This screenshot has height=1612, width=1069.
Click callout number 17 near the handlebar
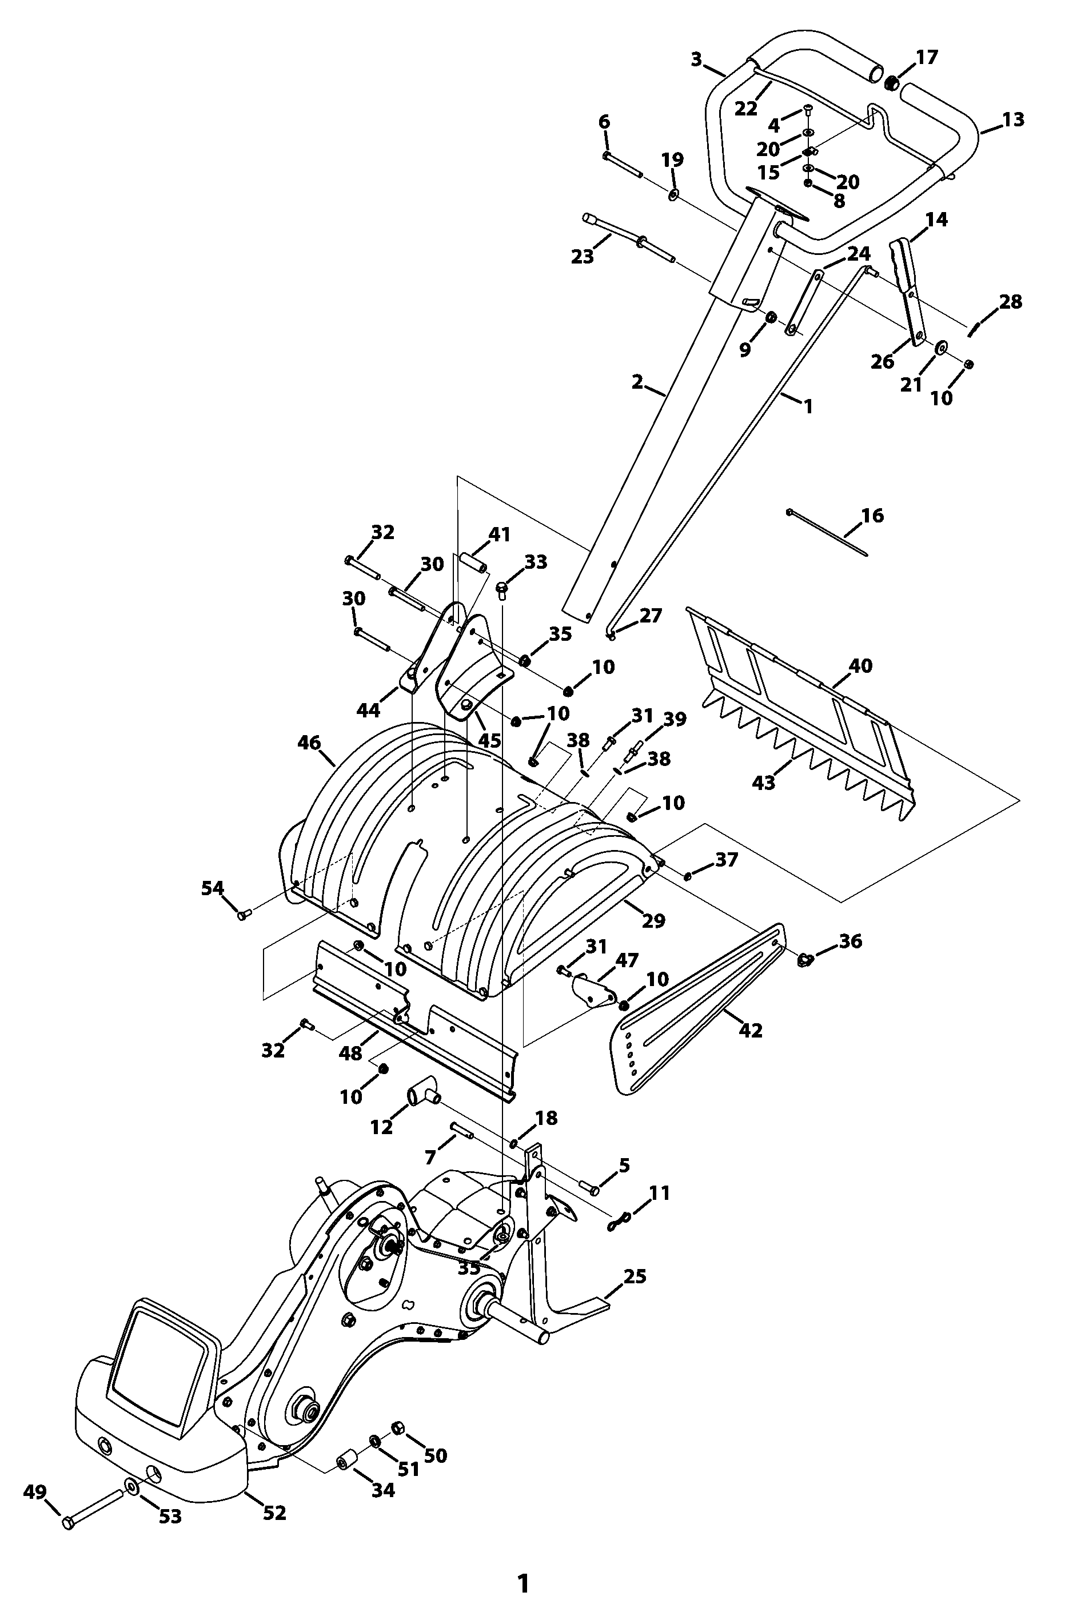(927, 57)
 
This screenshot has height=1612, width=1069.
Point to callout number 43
(764, 783)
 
